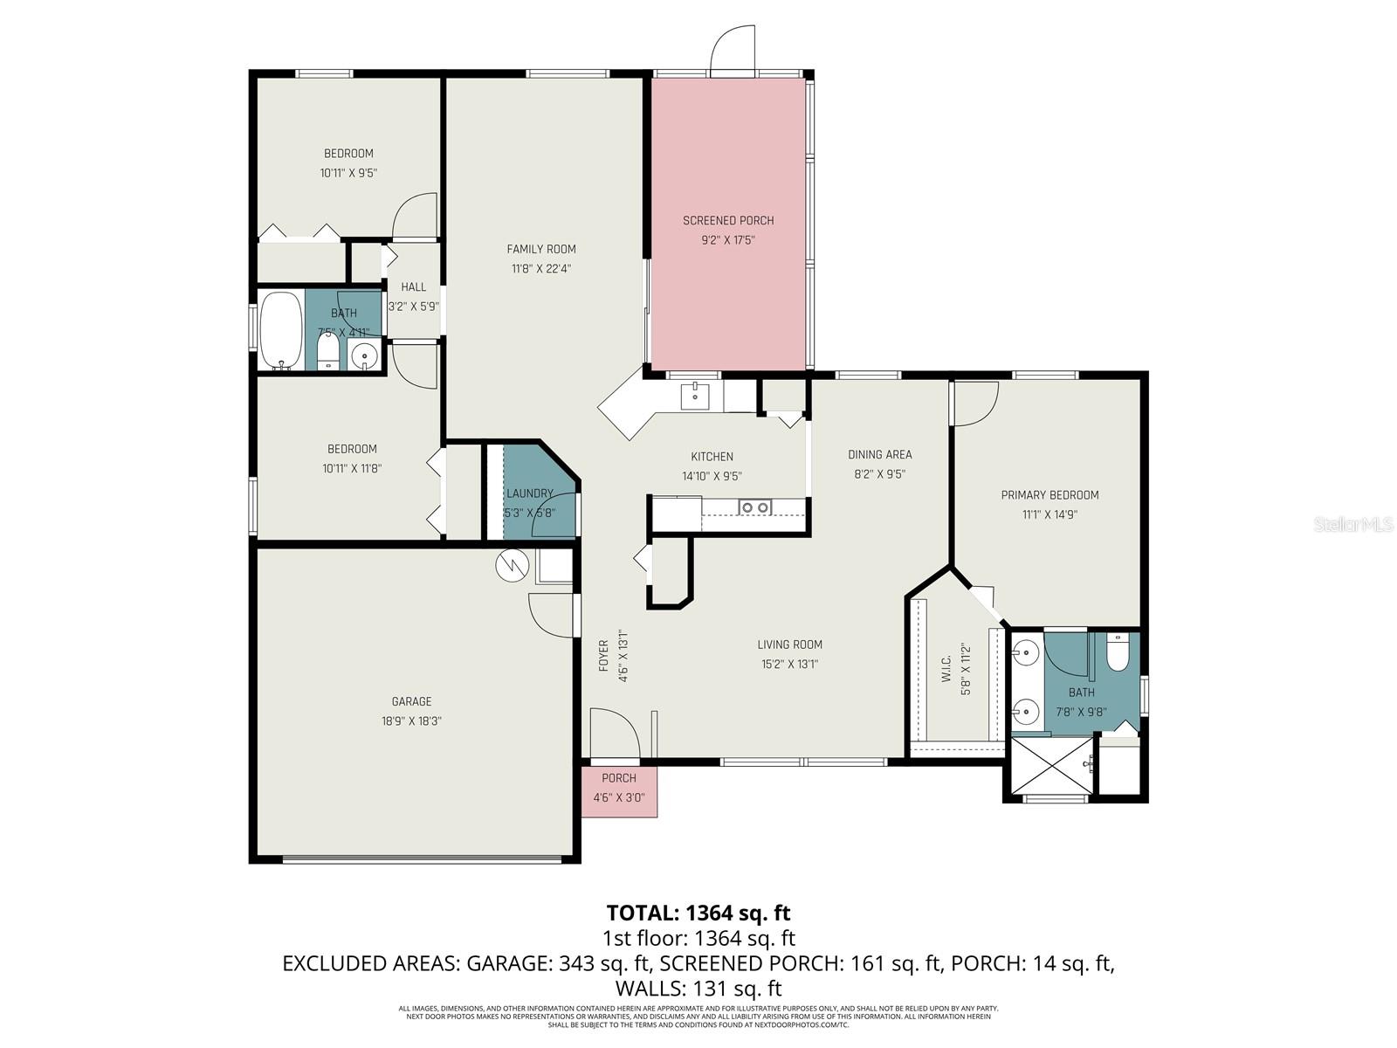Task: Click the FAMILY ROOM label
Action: coord(541,249)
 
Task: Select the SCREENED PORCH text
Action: coord(728,221)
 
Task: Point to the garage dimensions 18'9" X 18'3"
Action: coord(411,721)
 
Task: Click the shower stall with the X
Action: coord(1051,765)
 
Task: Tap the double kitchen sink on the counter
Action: coord(755,507)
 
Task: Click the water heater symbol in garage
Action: coord(512,566)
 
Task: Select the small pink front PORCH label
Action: coord(619,778)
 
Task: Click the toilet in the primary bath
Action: coord(1117,652)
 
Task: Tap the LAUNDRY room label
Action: coord(529,493)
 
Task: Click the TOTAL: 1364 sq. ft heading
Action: coord(698,913)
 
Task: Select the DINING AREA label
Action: coord(879,454)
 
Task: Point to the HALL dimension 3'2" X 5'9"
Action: coord(413,307)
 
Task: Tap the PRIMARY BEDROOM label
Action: coord(1049,495)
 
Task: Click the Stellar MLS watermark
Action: coord(1352,524)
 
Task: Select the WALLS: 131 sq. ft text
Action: coord(698,989)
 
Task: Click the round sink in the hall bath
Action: coord(363,355)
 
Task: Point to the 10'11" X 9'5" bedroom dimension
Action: coord(348,173)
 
